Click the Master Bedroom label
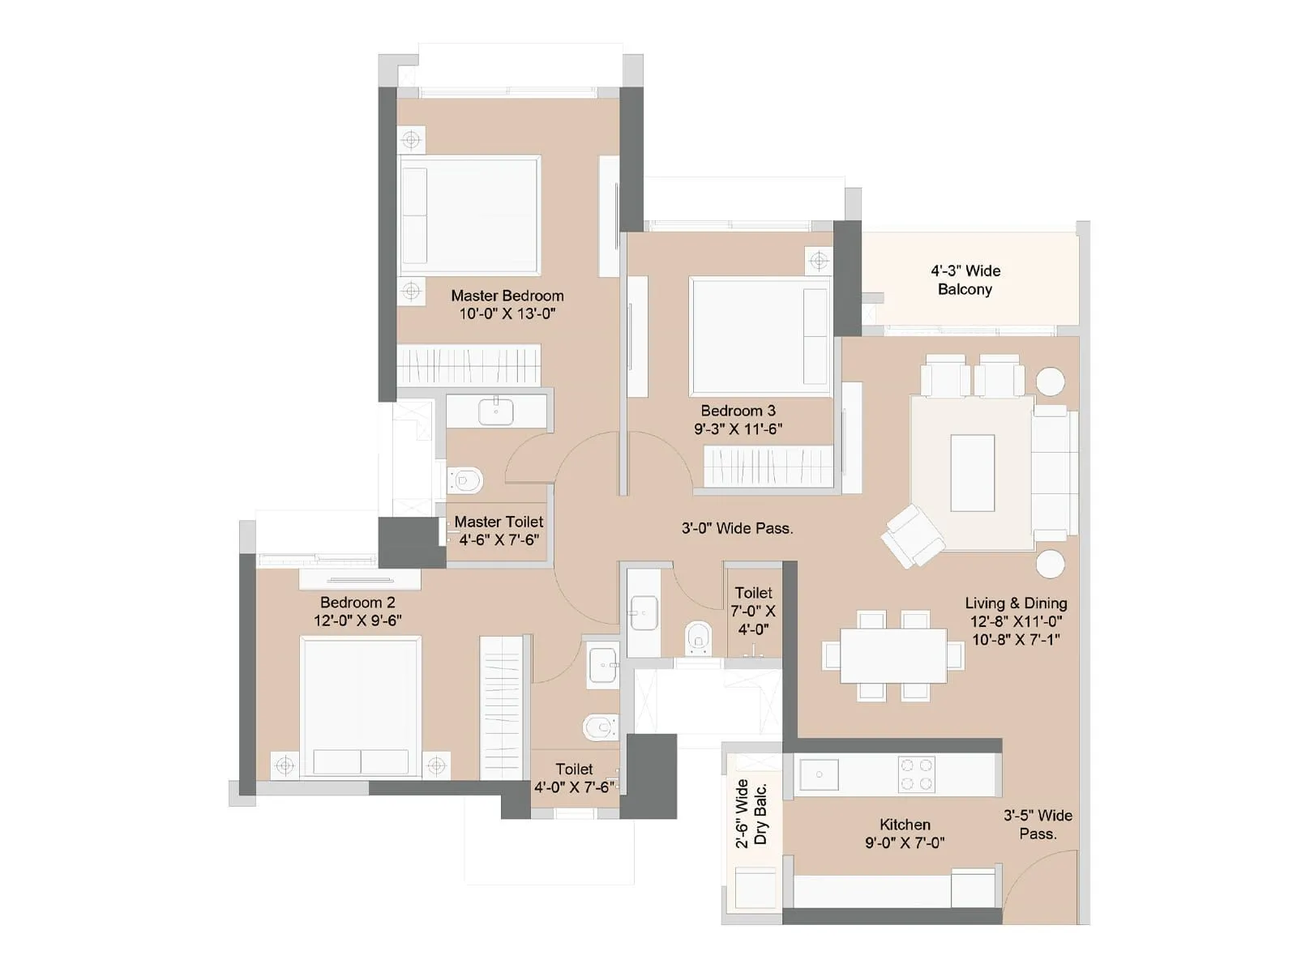click(507, 296)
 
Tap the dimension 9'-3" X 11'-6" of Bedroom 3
click(738, 429)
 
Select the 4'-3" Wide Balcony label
click(965, 279)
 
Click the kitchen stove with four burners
click(916, 774)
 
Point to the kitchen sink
click(819, 774)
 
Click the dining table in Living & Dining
click(893, 655)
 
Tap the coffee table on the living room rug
click(972, 472)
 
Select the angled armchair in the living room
click(912, 535)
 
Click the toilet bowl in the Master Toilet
click(466, 480)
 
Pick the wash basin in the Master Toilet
click(495, 411)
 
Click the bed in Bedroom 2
click(361, 706)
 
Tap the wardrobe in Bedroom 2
click(500, 707)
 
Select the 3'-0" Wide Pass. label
click(737, 528)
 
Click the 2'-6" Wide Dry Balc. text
click(751, 813)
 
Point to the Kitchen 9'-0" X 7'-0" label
click(905, 833)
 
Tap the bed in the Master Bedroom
click(470, 215)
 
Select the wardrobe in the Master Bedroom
click(469, 365)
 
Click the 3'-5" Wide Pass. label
click(1038, 824)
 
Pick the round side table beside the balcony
click(1051, 382)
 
